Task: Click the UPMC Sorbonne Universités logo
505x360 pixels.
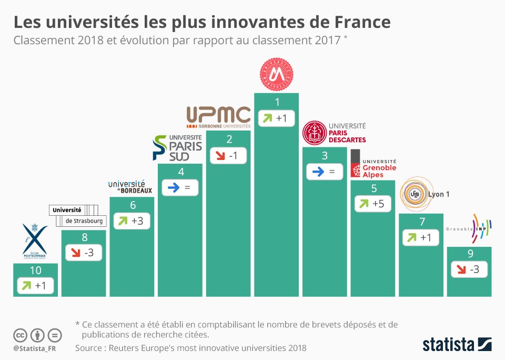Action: pos(219,117)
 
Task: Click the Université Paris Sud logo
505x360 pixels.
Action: pos(177,147)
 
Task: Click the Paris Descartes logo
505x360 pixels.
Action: pos(334,133)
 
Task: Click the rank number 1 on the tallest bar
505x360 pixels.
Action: pos(277,102)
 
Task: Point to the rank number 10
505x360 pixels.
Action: pos(35,271)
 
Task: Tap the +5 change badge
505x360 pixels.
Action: pos(373,204)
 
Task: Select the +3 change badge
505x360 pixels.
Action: pos(132,221)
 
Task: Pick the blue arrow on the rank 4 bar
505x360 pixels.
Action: pos(170,188)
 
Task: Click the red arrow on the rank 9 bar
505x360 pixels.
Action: pos(460,270)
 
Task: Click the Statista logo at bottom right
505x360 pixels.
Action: pos(457,345)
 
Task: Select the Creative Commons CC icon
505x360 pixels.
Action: pos(21,335)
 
